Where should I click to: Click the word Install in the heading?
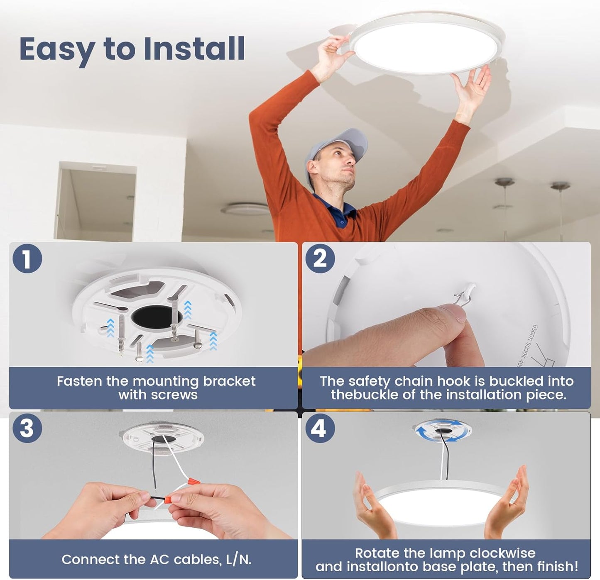(x=194, y=49)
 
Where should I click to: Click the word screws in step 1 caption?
(x=174, y=395)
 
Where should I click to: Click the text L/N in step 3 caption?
(x=238, y=560)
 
